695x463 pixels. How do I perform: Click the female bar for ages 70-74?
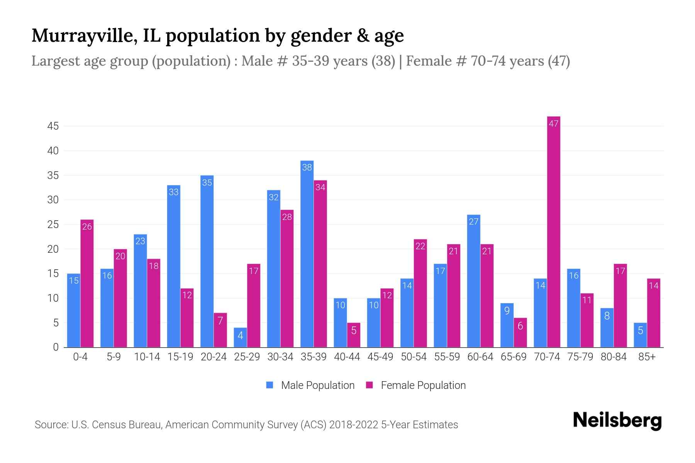(x=553, y=231)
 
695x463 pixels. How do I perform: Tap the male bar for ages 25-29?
(x=240, y=338)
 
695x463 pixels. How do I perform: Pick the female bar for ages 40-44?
(x=353, y=335)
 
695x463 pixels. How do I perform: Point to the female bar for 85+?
(x=653, y=313)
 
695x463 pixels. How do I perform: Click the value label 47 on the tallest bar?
(x=553, y=124)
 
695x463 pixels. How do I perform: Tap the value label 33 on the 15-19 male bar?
(x=174, y=192)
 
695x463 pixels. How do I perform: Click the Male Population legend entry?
(x=310, y=385)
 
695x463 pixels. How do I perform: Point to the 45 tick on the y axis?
(x=53, y=126)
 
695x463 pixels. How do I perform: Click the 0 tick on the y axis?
(x=56, y=347)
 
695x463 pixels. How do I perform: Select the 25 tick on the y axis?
(x=53, y=225)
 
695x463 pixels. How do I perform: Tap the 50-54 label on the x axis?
(x=414, y=357)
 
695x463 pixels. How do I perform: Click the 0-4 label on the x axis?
(x=80, y=357)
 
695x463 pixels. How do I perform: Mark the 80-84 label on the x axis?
(x=614, y=357)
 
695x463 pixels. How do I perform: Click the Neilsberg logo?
(x=617, y=421)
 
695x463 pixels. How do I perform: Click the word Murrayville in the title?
(x=84, y=35)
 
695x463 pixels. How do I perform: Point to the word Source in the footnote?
(x=51, y=425)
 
